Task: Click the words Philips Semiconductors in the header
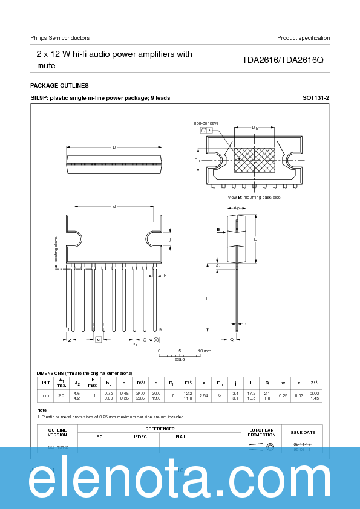[60, 38]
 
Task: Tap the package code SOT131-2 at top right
[316, 97]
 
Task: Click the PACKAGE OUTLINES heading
[59, 86]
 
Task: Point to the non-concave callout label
[206, 123]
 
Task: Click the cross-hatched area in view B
[254, 160]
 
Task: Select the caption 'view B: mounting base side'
[254, 197]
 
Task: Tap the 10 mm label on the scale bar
[205, 351]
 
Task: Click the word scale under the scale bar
[180, 359]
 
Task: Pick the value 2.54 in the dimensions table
[203, 395]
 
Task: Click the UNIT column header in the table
[45, 383]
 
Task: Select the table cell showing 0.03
[298, 395]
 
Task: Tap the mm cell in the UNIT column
[45, 395]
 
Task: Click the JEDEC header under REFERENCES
[139, 436]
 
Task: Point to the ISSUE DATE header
[302, 433]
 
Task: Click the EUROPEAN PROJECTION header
[261, 433]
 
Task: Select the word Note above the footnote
[42, 410]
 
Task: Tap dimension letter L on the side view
[207, 299]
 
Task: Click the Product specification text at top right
[303, 38]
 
